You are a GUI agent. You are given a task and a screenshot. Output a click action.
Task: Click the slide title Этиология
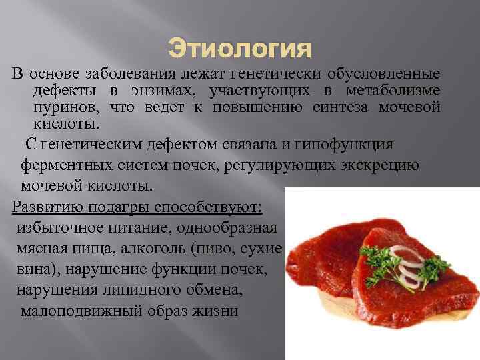[239, 49]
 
